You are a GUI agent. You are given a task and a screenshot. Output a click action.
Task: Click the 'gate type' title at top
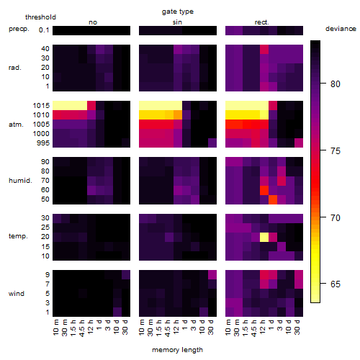(x=178, y=12)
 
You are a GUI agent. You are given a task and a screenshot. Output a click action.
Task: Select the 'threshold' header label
(x=40, y=17)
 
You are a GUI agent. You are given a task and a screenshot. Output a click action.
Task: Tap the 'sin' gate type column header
(x=177, y=22)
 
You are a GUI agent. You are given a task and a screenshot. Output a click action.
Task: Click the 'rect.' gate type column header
(x=261, y=22)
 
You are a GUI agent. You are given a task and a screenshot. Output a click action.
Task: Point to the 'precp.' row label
(x=19, y=29)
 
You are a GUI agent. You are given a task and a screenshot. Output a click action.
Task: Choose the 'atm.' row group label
(x=16, y=125)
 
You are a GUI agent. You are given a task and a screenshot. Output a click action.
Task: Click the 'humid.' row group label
(x=20, y=180)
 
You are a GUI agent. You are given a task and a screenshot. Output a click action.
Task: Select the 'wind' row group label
(x=17, y=294)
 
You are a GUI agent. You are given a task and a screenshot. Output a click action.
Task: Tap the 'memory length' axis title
(x=177, y=350)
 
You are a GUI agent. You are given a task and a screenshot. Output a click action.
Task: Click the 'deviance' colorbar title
(x=341, y=29)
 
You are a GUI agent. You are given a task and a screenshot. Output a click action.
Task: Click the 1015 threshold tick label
(x=41, y=106)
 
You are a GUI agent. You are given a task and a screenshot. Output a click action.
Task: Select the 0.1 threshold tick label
(x=44, y=30)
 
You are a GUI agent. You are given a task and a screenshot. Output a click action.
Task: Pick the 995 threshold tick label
(x=43, y=143)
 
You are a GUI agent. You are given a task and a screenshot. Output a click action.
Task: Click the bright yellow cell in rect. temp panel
(x=264, y=237)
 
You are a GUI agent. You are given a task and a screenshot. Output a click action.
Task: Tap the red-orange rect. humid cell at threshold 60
(x=264, y=190)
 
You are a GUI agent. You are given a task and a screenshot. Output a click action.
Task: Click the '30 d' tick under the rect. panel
(x=297, y=327)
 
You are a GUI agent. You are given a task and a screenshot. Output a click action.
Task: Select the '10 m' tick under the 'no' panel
(x=55, y=328)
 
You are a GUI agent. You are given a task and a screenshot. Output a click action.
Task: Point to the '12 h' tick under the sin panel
(x=176, y=327)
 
